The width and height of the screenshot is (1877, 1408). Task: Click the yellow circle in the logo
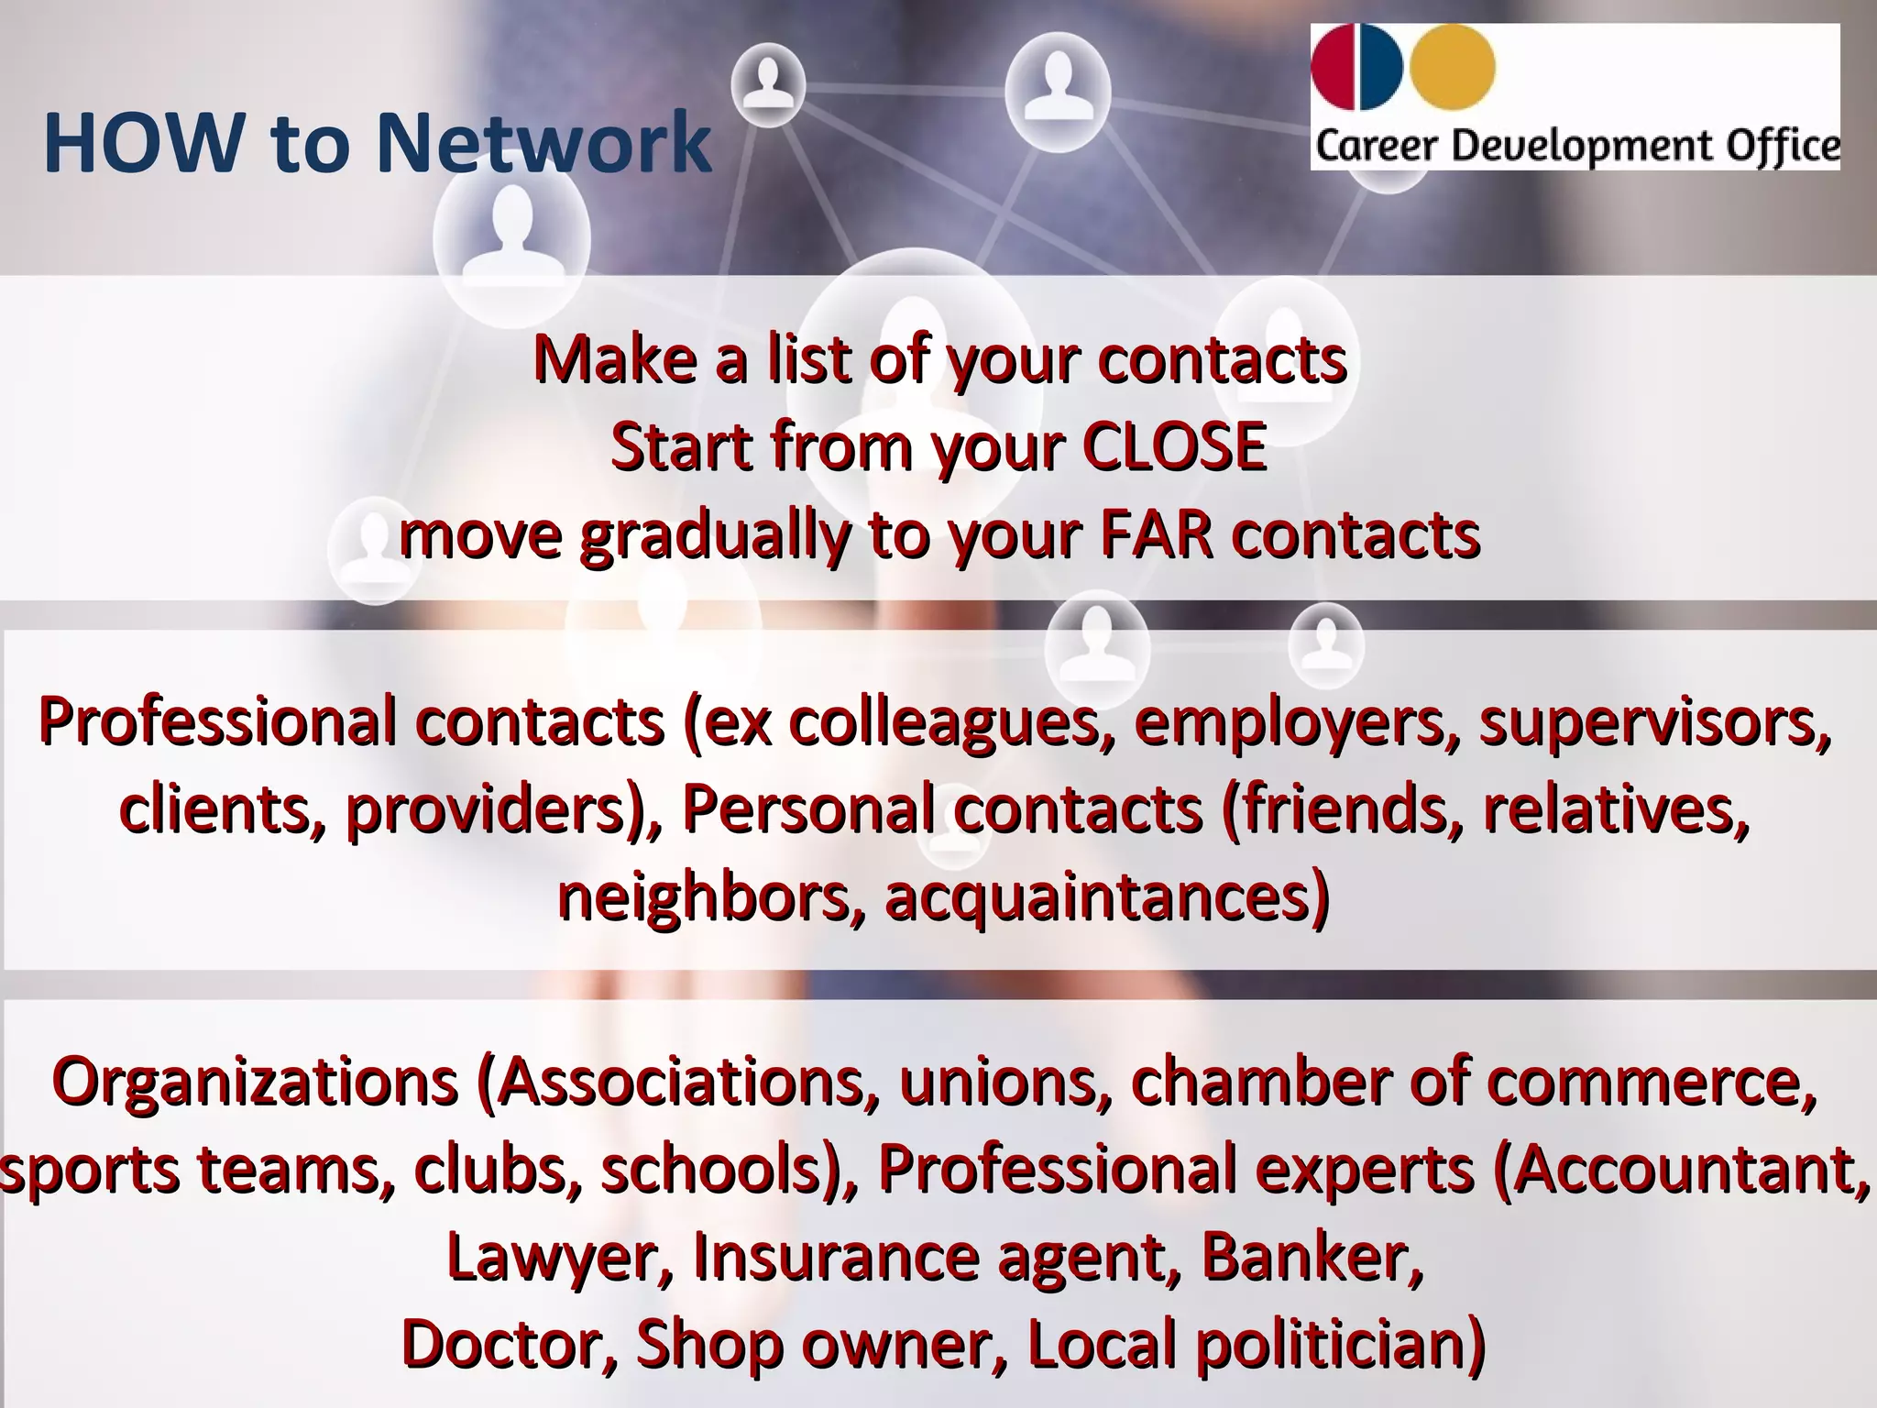pos(1453,67)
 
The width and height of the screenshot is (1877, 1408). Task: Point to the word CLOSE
pos(1174,447)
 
